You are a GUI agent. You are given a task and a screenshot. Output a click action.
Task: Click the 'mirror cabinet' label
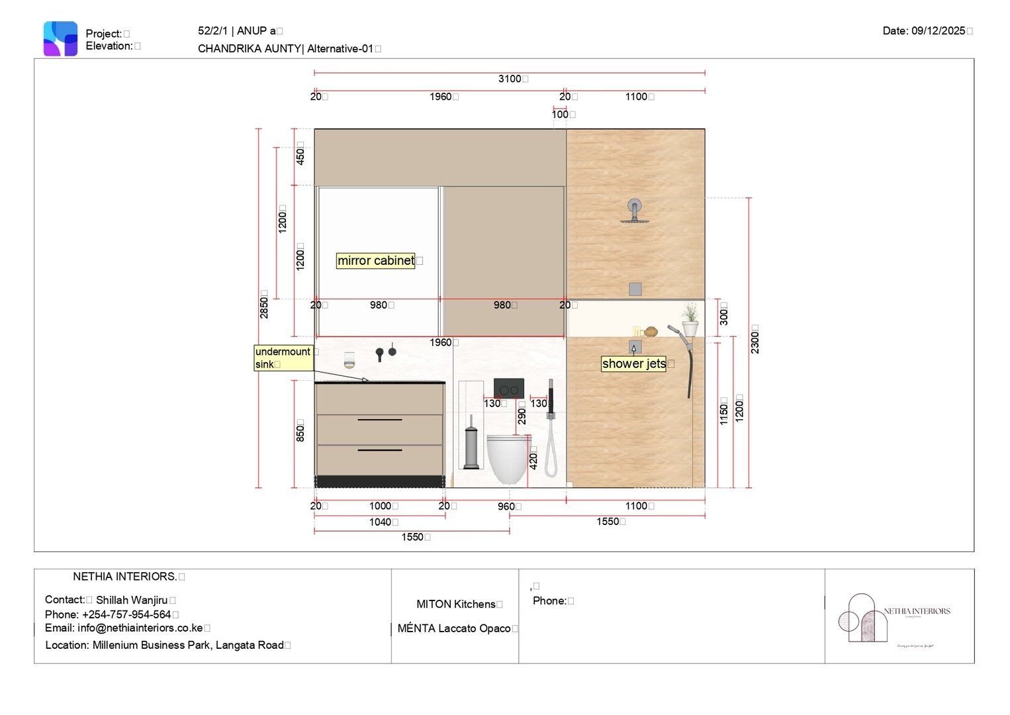click(375, 261)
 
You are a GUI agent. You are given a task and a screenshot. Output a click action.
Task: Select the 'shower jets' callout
click(633, 363)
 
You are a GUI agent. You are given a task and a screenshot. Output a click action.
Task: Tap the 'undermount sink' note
click(283, 358)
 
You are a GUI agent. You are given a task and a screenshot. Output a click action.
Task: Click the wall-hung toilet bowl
click(508, 457)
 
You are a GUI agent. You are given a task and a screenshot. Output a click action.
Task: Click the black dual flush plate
click(508, 389)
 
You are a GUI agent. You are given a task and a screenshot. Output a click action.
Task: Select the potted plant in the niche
click(690, 319)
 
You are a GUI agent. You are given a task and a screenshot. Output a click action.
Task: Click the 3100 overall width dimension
click(510, 79)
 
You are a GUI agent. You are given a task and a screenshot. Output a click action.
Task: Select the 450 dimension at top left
click(300, 157)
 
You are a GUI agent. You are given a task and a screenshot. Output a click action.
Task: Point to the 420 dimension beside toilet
click(533, 457)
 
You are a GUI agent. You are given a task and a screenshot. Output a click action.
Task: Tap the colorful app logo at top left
click(60, 39)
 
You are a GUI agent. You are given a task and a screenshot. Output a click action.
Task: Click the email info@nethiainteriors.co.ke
click(124, 628)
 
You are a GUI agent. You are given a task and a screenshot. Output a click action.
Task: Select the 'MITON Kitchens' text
click(455, 604)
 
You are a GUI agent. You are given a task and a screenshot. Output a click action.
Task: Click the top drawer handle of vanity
click(380, 420)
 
